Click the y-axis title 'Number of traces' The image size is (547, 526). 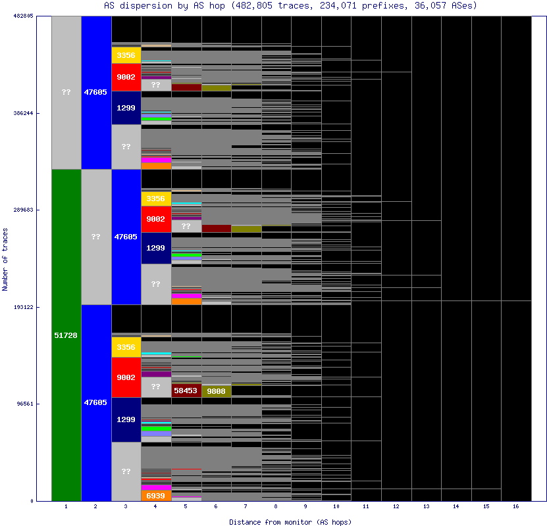5,259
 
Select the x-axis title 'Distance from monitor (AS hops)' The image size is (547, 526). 290,521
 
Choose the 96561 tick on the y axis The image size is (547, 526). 24,404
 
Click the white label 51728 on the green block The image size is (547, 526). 66,335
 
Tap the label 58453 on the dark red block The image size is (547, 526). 186,391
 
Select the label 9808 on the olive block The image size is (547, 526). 216,391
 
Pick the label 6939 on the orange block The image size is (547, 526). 156,496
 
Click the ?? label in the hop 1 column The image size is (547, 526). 66,92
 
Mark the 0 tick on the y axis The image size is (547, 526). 30,501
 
